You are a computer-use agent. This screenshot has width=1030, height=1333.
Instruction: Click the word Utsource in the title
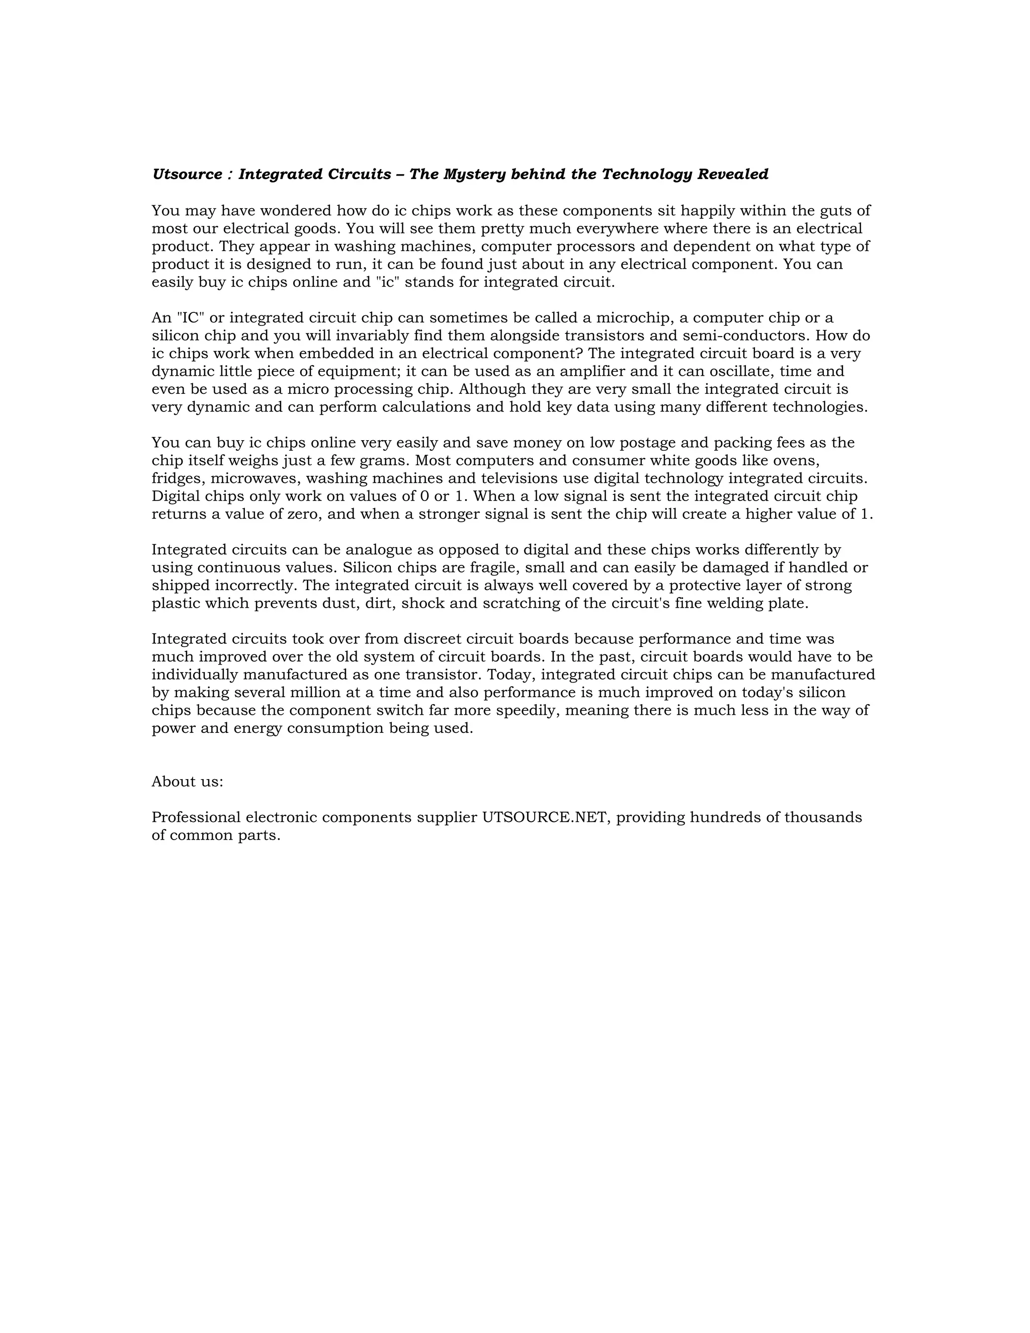[x=187, y=175]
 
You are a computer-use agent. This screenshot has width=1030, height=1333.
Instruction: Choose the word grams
[x=384, y=461]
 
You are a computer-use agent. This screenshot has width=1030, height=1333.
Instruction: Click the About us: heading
[x=187, y=782]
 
